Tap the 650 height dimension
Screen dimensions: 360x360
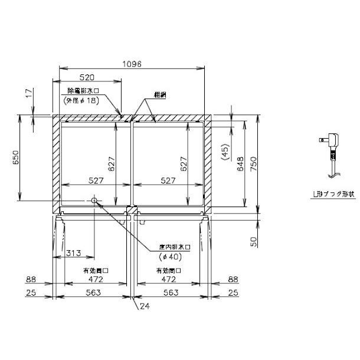pyautogui.click(x=17, y=158)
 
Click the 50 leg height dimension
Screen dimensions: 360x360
pyautogui.click(x=253, y=241)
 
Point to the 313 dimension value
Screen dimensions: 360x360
pyautogui.click(x=73, y=253)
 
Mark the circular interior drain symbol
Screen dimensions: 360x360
pyautogui.click(x=94, y=201)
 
